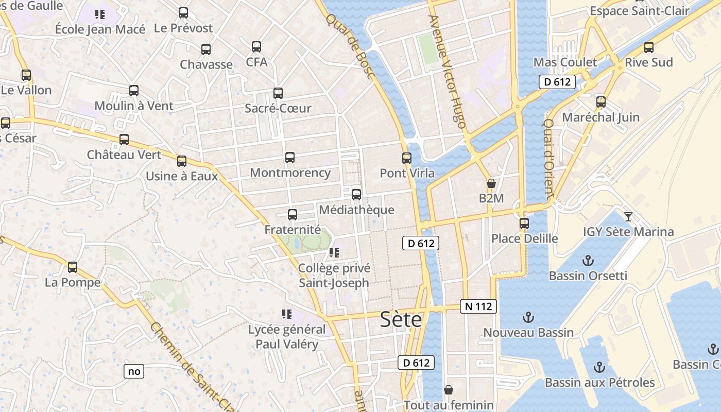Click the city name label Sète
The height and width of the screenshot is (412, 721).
(x=401, y=320)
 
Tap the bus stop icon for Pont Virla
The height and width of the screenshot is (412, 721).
(x=407, y=158)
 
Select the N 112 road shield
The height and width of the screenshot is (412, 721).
(x=478, y=306)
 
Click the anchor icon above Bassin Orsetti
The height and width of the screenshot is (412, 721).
(x=587, y=261)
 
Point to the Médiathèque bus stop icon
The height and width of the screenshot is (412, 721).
(x=356, y=195)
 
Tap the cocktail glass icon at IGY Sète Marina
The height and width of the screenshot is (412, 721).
(x=628, y=216)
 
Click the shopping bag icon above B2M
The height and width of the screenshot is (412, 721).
(x=491, y=183)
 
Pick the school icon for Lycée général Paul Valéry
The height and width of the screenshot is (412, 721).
(x=287, y=314)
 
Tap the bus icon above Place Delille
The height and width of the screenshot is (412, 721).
(x=524, y=224)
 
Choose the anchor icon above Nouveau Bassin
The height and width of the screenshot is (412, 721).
(x=528, y=317)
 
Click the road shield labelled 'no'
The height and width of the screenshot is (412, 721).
(x=134, y=371)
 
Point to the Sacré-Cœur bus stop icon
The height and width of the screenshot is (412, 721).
(x=278, y=93)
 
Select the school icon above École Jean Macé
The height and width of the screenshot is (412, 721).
(x=100, y=14)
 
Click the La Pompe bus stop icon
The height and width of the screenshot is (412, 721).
(x=73, y=267)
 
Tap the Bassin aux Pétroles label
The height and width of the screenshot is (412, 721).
(x=599, y=383)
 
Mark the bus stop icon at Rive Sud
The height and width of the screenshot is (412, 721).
(x=649, y=47)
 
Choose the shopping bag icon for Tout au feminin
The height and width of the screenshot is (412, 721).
(x=449, y=390)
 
